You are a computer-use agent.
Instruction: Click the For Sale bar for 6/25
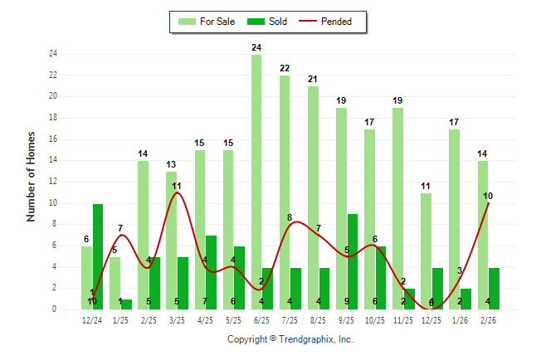tap(256, 182)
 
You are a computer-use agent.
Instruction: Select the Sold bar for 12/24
tap(98, 256)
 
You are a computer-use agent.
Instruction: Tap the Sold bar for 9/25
tap(353, 261)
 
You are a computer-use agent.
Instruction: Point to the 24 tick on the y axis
tap(52, 54)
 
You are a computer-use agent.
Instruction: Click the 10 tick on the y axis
tap(52, 203)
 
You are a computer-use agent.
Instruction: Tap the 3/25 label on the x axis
tap(177, 319)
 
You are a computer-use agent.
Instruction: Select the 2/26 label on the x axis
tap(488, 319)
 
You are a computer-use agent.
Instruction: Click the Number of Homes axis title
tap(32, 176)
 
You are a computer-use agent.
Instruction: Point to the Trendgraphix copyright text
tap(290, 339)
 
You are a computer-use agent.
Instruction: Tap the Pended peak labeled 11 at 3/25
tap(177, 186)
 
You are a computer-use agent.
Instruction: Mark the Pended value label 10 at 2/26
tap(489, 197)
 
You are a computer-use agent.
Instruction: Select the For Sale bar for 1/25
tap(115, 283)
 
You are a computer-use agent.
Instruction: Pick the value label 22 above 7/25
tap(285, 69)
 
